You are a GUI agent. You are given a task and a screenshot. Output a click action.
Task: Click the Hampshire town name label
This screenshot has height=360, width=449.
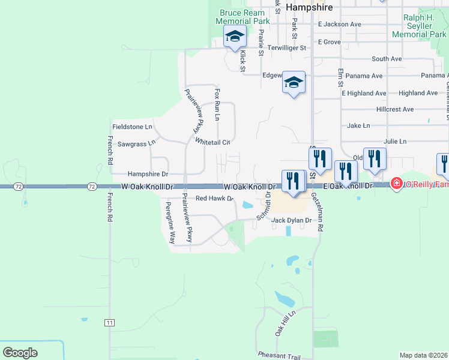point(309,7)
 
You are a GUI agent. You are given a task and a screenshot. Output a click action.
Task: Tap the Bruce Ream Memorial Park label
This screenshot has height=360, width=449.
point(244,17)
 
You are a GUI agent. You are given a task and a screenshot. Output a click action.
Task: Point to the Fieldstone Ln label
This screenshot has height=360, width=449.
point(132,127)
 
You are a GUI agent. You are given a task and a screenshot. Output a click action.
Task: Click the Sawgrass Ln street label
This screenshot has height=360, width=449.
point(136,143)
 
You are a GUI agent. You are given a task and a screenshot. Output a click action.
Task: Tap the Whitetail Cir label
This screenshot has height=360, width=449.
point(213,142)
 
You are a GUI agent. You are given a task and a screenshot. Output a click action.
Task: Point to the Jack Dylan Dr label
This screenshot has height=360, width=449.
point(292,220)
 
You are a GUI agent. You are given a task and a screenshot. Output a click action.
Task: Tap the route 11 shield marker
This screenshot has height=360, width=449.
point(109,323)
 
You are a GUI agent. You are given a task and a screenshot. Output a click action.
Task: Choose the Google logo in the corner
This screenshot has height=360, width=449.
point(20,353)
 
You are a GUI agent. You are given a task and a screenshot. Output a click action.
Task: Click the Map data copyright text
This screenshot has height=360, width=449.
point(424,355)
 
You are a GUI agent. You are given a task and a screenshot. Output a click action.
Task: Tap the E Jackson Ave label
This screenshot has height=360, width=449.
point(340,25)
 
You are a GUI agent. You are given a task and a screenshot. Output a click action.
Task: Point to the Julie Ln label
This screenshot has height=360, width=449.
point(395,141)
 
